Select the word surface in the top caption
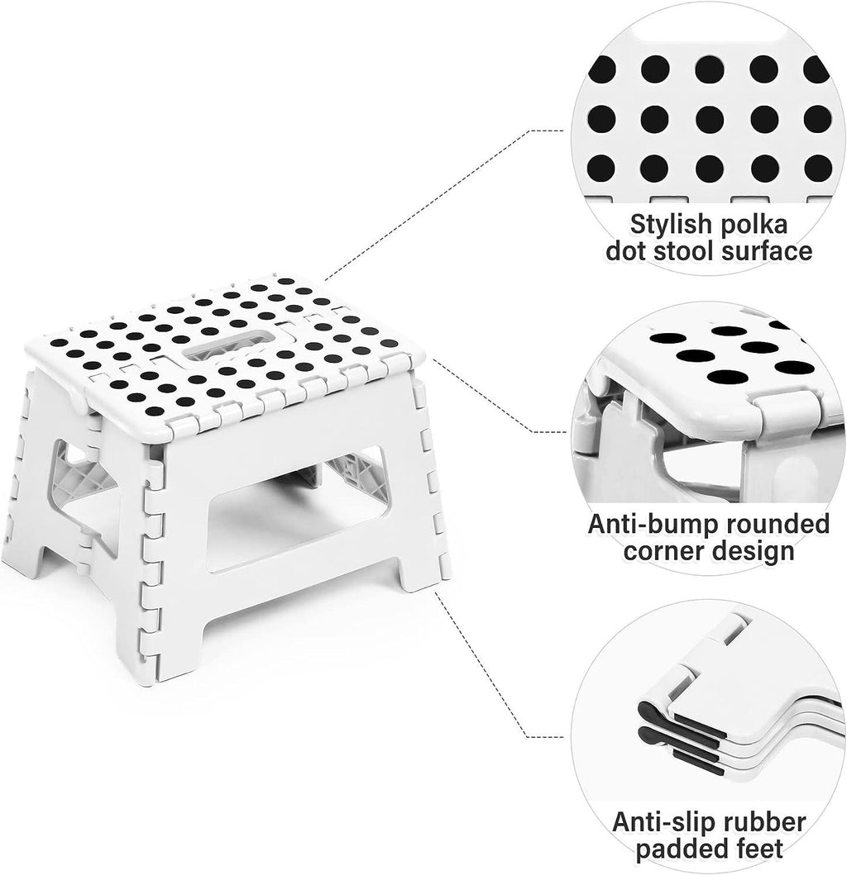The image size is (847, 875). tap(767, 251)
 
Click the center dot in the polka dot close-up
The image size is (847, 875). tap(710, 119)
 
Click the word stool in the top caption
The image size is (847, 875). tap(680, 251)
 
